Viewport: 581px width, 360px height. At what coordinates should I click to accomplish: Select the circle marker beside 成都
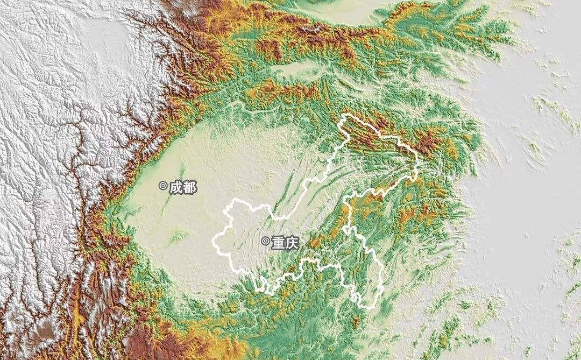pyautogui.click(x=162, y=186)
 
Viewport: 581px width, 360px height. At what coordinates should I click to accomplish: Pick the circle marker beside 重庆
pyautogui.click(x=265, y=241)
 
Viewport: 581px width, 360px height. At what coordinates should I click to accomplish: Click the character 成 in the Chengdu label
pyautogui.click(x=175, y=187)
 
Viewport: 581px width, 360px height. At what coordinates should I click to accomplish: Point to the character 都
pyautogui.click(x=189, y=187)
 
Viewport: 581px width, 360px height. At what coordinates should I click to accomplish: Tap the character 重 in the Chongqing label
pyautogui.click(x=277, y=243)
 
